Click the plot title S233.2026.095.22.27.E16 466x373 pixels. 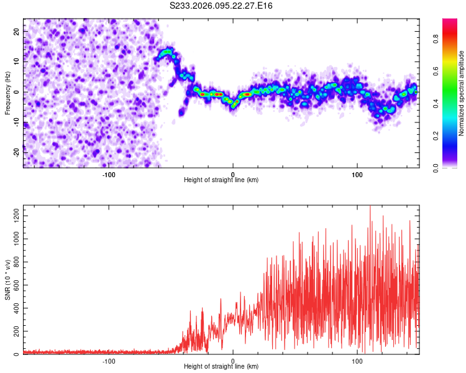click(x=221, y=6)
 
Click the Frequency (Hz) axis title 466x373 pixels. click(x=7, y=93)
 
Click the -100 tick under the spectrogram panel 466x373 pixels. click(x=109, y=173)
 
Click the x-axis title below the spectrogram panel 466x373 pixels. click(x=221, y=180)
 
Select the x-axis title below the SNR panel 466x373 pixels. click(x=221, y=367)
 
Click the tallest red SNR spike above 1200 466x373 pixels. click(x=370, y=208)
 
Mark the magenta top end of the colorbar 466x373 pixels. click(x=450, y=21)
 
